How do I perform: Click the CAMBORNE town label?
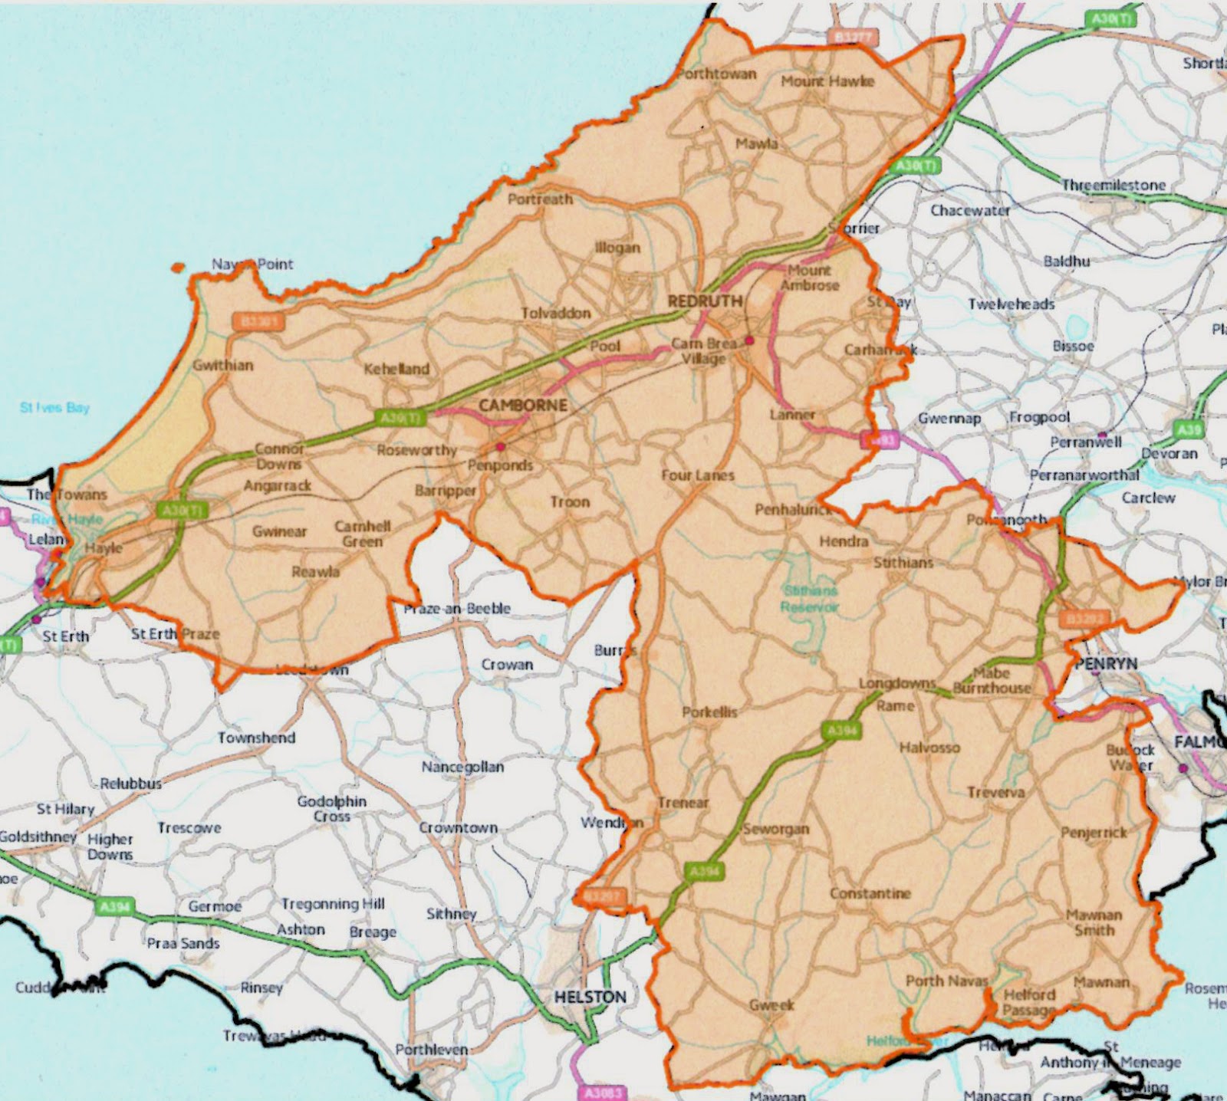(x=523, y=406)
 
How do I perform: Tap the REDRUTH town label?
(x=704, y=301)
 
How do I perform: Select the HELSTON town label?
(x=590, y=997)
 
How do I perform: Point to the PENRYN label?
(x=1106, y=664)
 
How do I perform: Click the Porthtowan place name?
(x=716, y=74)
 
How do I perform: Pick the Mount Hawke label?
(x=827, y=81)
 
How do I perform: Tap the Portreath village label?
(x=540, y=199)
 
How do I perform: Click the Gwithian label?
(x=222, y=365)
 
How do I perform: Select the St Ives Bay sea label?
(x=54, y=408)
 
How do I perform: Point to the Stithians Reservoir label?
(x=810, y=599)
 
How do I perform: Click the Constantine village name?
(x=870, y=894)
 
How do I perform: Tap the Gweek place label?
(x=771, y=1005)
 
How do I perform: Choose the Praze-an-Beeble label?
(x=457, y=609)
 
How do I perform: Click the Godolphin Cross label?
(x=331, y=809)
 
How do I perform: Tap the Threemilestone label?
(x=1114, y=186)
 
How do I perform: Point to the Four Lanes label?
(x=698, y=475)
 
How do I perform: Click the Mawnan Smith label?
(x=1094, y=922)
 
